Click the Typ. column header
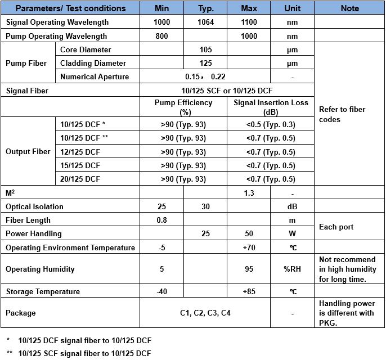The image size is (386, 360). pyautogui.click(x=205, y=8)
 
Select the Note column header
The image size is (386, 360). pyautogui.click(x=349, y=8)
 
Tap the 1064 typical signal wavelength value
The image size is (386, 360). pyautogui.click(x=205, y=22)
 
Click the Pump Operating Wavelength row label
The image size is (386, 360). pyautogui.click(x=56, y=36)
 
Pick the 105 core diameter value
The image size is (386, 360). pyautogui.click(x=205, y=50)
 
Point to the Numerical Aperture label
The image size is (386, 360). pyautogui.click(x=95, y=77)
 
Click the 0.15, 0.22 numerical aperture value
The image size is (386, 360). pyautogui.click(x=205, y=77)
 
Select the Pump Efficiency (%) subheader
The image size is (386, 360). pyautogui.click(x=183, y=107)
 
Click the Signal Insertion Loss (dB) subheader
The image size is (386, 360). pyautogui.click(x=271, y=107)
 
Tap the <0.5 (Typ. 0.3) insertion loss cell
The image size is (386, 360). pyautogui.click(x=271, y=125)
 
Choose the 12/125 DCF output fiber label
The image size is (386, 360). pyautogui.click(x=80, y=152)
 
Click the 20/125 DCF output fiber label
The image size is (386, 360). pyautogui.click(x=80, y=179)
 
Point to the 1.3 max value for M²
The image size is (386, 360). pyautogui.click(x=249, y=193)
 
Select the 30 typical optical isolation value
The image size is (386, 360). pyautogui.click(x=205, y=206)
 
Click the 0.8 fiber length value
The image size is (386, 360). pyautogui.click(x=161, y=220)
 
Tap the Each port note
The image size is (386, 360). pyautogui.click(x=336, y=227)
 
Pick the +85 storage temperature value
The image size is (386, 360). pyautogui.click(x=249, y=291)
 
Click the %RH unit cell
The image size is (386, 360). pyautogui.click(x=293, y=269)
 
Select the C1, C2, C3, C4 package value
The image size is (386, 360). pyautogui.click(x=205, y=313)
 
